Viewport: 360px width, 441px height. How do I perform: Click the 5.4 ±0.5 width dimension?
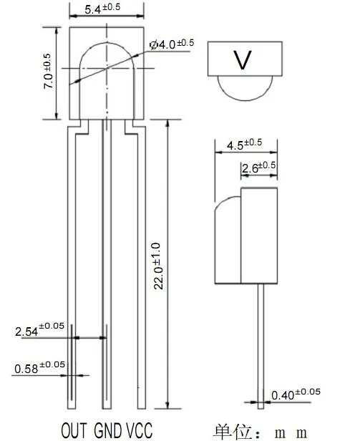tap(102, 8)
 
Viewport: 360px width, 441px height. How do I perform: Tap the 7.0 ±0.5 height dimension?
tap(48, 71)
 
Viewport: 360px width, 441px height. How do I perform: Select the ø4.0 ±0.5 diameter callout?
tap(172, 44)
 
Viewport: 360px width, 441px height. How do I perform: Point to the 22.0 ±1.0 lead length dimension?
tap(157, 266)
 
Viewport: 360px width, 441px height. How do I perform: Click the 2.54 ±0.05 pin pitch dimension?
tap(39, 329)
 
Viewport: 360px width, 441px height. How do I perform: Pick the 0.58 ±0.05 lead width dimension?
tap(39, 368)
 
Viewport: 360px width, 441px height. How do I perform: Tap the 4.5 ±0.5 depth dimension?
tap(244, 145)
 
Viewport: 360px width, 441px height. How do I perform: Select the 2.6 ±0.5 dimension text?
tap(259, 167)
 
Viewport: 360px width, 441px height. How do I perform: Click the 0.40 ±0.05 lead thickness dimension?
tap(296, 394)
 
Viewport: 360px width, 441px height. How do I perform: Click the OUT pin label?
tap(74, 430)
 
